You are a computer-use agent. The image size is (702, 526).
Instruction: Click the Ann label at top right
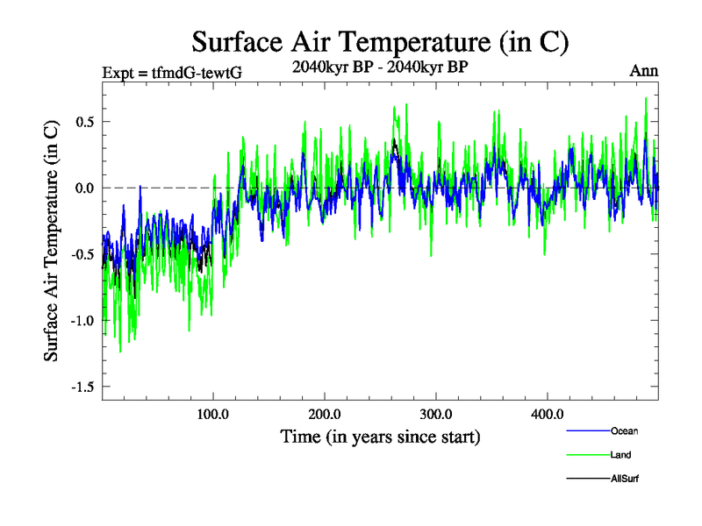[643, 71]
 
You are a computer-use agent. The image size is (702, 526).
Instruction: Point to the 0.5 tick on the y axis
[84, 121]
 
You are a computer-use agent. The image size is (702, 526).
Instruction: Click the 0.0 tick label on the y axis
[84, 188]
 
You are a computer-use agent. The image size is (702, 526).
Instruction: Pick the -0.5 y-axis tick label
[82, 254]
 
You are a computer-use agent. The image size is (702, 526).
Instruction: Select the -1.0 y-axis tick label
[82, 320]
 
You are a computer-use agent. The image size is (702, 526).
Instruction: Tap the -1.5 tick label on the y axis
[82, 387]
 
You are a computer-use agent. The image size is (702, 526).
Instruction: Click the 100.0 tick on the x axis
[213, 414]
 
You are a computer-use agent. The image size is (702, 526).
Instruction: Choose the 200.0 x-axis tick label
[325, 414]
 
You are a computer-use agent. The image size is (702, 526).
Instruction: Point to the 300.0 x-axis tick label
[436, 414]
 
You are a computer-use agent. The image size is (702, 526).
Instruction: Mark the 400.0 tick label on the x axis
[548, 414]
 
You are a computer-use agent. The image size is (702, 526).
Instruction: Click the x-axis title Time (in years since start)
[380, 436]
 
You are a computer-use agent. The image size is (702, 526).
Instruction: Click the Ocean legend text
[624, 430]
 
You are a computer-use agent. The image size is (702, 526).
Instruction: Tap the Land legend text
[620, 455]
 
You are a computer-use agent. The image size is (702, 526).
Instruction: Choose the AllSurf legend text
[625, 479]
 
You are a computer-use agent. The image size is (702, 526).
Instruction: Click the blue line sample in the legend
[585, 431]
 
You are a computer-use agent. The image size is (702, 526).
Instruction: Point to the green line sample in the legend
[585, 455]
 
